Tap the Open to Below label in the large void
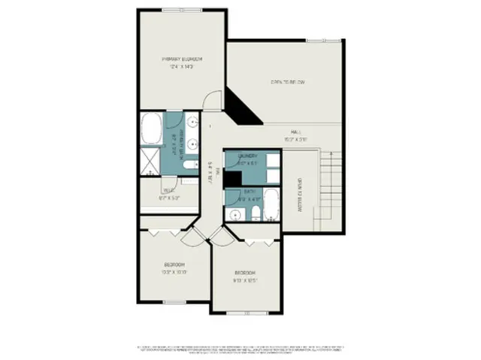tap(288, 82)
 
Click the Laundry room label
tap(248, 156)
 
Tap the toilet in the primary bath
tap(191, 163)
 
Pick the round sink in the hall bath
tap(235, 215)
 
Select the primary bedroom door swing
tap(212, 98)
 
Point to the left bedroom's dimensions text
tap(175, 272)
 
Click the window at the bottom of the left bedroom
tap(174, 302)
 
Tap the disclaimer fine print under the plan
tap(240, 349)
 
